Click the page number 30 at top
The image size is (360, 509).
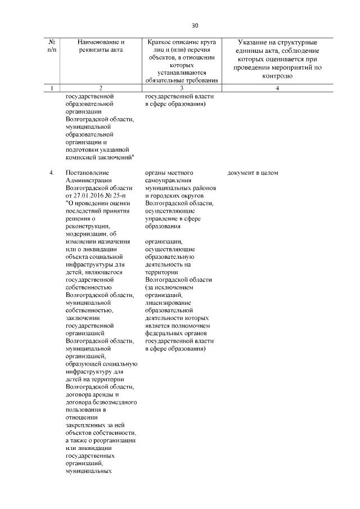pos(195,25)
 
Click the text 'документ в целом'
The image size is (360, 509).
pos(253,173)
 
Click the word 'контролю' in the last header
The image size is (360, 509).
pos(278,75)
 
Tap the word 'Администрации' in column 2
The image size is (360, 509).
pos(88,180)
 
